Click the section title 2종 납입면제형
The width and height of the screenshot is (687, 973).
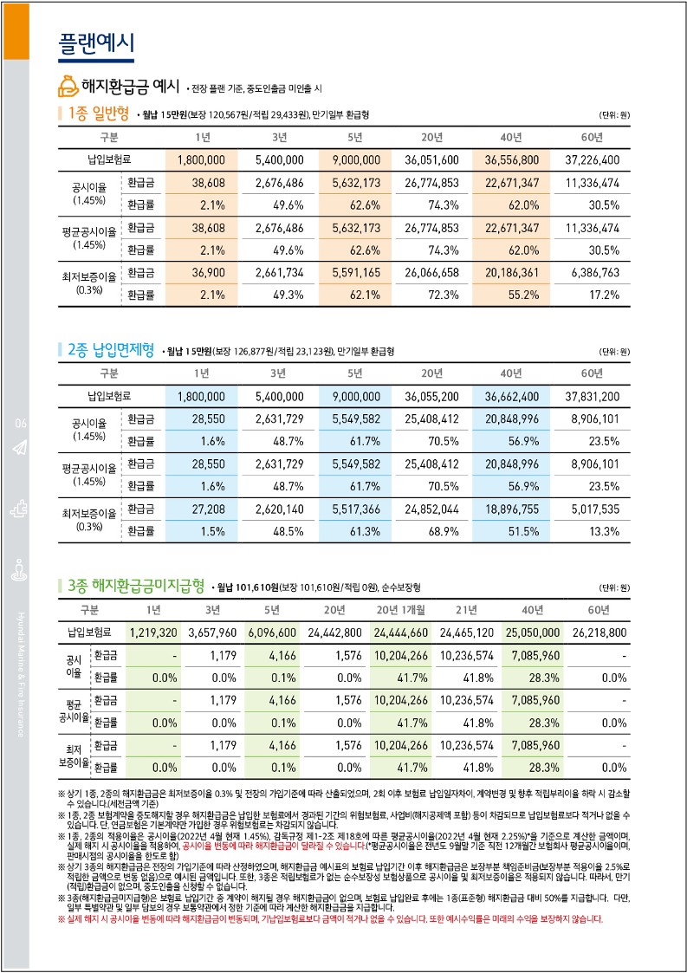tap(110, 350)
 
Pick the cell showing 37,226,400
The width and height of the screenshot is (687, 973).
tap(592, 160)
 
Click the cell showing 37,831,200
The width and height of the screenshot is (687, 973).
tap(592, 397)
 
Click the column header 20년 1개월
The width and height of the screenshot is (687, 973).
tap(400, 609)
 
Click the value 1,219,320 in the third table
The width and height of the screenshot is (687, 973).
tap(152, 632)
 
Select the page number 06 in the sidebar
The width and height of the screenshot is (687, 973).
tap(21, 423)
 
